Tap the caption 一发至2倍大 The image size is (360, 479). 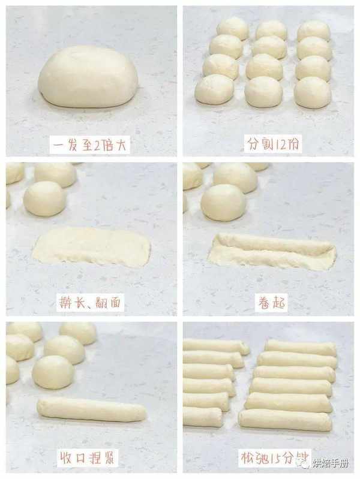pos(89,144)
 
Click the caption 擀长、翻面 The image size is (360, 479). pos(90,302)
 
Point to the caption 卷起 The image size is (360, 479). pos(272,302)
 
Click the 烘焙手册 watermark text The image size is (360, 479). pos(330,464)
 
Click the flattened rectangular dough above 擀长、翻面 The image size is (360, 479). pos(91,247)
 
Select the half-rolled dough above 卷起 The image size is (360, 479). pos(272,252)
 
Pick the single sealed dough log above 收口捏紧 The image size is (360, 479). pos(92,409)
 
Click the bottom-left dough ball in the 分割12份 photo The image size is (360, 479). pos(214,89)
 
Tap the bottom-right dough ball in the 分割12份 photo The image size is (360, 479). pos(313,92)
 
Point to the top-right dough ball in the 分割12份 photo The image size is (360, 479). pos(314,31)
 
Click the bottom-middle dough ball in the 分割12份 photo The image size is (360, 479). pos(264,91)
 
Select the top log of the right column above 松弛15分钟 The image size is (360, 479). pos(301,348)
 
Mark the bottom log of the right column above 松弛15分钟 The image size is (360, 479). pos(285,420)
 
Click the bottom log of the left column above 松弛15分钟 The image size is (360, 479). pos(202,417)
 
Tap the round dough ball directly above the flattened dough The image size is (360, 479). pos(44,198)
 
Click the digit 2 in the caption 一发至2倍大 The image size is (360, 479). pos(96,145)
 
